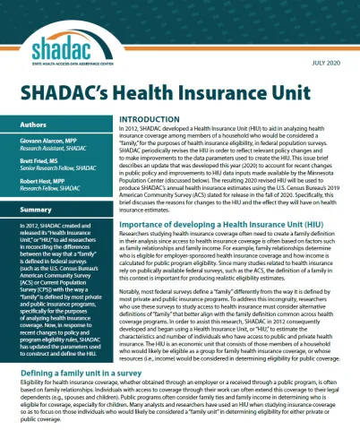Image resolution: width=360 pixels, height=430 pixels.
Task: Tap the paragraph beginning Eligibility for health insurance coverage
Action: click(x=179, y=400)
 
